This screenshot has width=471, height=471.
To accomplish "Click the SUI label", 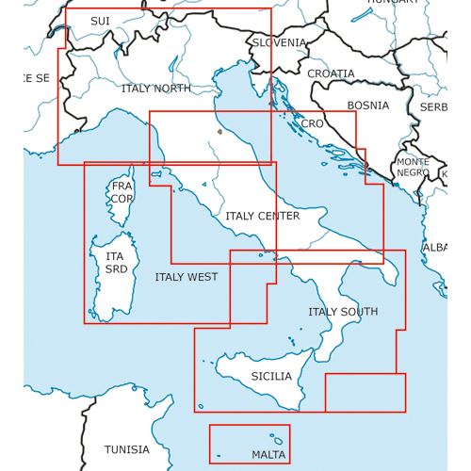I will (99, 21).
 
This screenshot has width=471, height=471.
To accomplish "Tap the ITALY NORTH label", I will (155, 88).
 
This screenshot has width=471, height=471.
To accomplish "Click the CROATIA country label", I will (331, 73).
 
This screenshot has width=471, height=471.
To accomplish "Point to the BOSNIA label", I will (367, 106).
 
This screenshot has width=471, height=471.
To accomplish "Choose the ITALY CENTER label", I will (262, 216).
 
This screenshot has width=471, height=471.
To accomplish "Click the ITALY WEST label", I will (186, 277).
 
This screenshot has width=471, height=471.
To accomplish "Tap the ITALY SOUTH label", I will (343, 312).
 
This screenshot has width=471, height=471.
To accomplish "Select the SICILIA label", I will (272, 376).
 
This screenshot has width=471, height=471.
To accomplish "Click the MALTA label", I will (268, 455).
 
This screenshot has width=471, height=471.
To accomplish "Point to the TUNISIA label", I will (126, 449).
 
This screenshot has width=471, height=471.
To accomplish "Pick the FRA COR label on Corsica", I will (122, 192).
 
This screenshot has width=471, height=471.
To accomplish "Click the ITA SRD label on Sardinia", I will (115, 263).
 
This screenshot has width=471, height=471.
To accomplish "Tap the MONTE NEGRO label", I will (412, 168).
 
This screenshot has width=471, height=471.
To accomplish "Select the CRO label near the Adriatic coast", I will (312, 123).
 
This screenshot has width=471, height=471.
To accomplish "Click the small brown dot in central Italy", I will (219, 133).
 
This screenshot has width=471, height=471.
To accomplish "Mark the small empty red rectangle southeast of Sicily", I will (365, 392).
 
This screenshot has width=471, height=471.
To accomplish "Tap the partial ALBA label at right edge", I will (435, 247).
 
